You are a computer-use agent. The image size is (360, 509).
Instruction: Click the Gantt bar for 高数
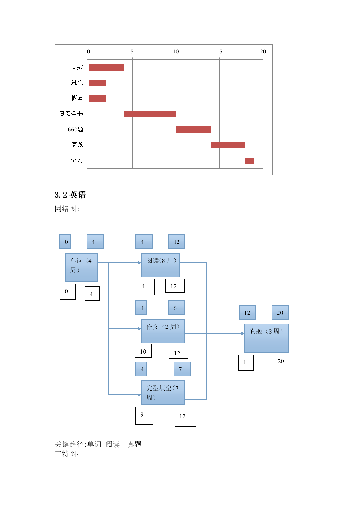106,67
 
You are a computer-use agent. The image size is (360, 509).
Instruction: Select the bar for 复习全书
150,114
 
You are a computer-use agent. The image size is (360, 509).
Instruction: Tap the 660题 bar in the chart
193,129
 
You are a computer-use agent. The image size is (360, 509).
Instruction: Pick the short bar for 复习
250,160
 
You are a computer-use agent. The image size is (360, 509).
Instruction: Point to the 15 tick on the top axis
219,52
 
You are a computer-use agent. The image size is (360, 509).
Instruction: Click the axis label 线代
77,83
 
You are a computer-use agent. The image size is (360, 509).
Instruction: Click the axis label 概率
77,98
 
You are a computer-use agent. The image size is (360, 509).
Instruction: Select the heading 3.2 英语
70,195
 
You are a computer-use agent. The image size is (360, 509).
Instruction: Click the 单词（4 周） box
82,268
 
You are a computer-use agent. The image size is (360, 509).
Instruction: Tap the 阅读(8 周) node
160,265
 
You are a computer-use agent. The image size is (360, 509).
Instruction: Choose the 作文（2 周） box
163,331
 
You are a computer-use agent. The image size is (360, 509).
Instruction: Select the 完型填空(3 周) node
163,393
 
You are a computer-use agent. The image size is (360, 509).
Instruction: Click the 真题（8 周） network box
266,338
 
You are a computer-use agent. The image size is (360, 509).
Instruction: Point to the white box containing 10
143,351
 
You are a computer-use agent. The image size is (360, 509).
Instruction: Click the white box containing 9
144,416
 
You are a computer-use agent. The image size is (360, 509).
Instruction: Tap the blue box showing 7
182,369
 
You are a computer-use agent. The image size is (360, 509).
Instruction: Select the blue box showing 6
177,308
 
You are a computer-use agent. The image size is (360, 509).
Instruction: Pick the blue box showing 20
280,313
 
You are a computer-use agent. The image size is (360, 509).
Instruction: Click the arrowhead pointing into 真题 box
243,333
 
